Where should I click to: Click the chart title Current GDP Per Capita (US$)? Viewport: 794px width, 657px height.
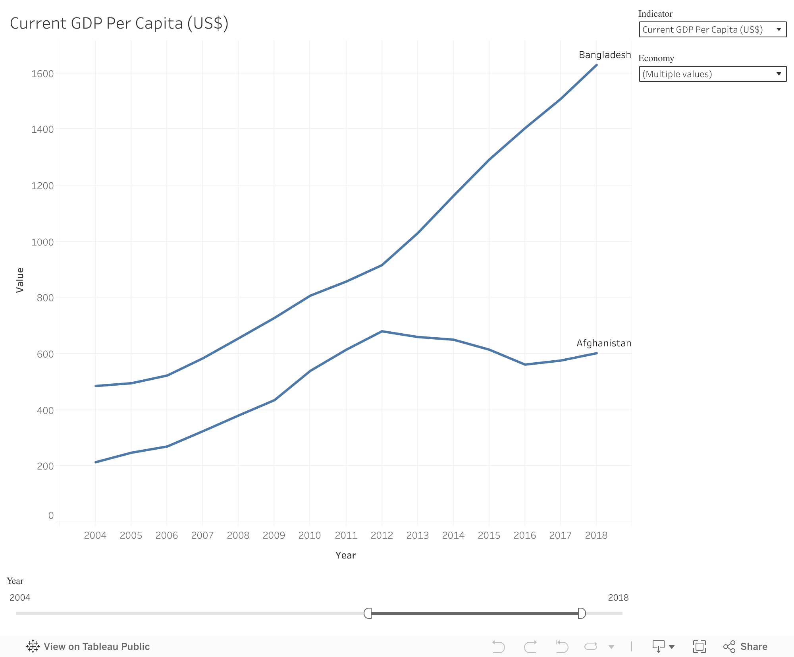(x=119, y=23)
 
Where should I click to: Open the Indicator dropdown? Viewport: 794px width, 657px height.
(x=712, y=30)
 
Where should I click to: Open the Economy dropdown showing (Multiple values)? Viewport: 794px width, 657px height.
(x=712, y=74)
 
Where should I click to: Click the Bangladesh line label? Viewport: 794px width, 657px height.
(x=605, y=55)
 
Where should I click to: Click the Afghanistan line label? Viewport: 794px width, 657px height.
(x=603, y=343)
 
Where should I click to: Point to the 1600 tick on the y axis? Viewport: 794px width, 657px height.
(x=42, y=74)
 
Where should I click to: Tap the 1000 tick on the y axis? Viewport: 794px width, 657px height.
(x=42, y=242)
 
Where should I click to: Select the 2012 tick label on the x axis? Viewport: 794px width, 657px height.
(x=382, y=535)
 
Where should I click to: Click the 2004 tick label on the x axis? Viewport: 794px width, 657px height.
(x=95, y=535)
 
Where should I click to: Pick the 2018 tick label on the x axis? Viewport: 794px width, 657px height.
(x=596, y=535)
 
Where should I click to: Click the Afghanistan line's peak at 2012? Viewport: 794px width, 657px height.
(x=382, y=331)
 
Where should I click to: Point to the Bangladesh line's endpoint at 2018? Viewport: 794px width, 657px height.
(x=596, y=65)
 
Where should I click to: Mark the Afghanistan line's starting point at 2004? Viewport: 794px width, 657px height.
(x=96, y=462)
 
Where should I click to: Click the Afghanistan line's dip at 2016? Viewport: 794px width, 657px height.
(x=525, y=364)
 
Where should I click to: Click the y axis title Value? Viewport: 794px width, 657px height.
(x=20, y=280)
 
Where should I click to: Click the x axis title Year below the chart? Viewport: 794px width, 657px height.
(x=345, y=555)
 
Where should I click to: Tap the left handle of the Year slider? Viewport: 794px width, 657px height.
(x=368, y=613)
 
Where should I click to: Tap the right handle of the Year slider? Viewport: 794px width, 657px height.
(x=582, y=613)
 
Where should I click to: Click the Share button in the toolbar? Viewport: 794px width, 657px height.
(x=745, y=647)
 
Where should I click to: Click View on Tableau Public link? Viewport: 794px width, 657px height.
(x=88, y=647)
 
